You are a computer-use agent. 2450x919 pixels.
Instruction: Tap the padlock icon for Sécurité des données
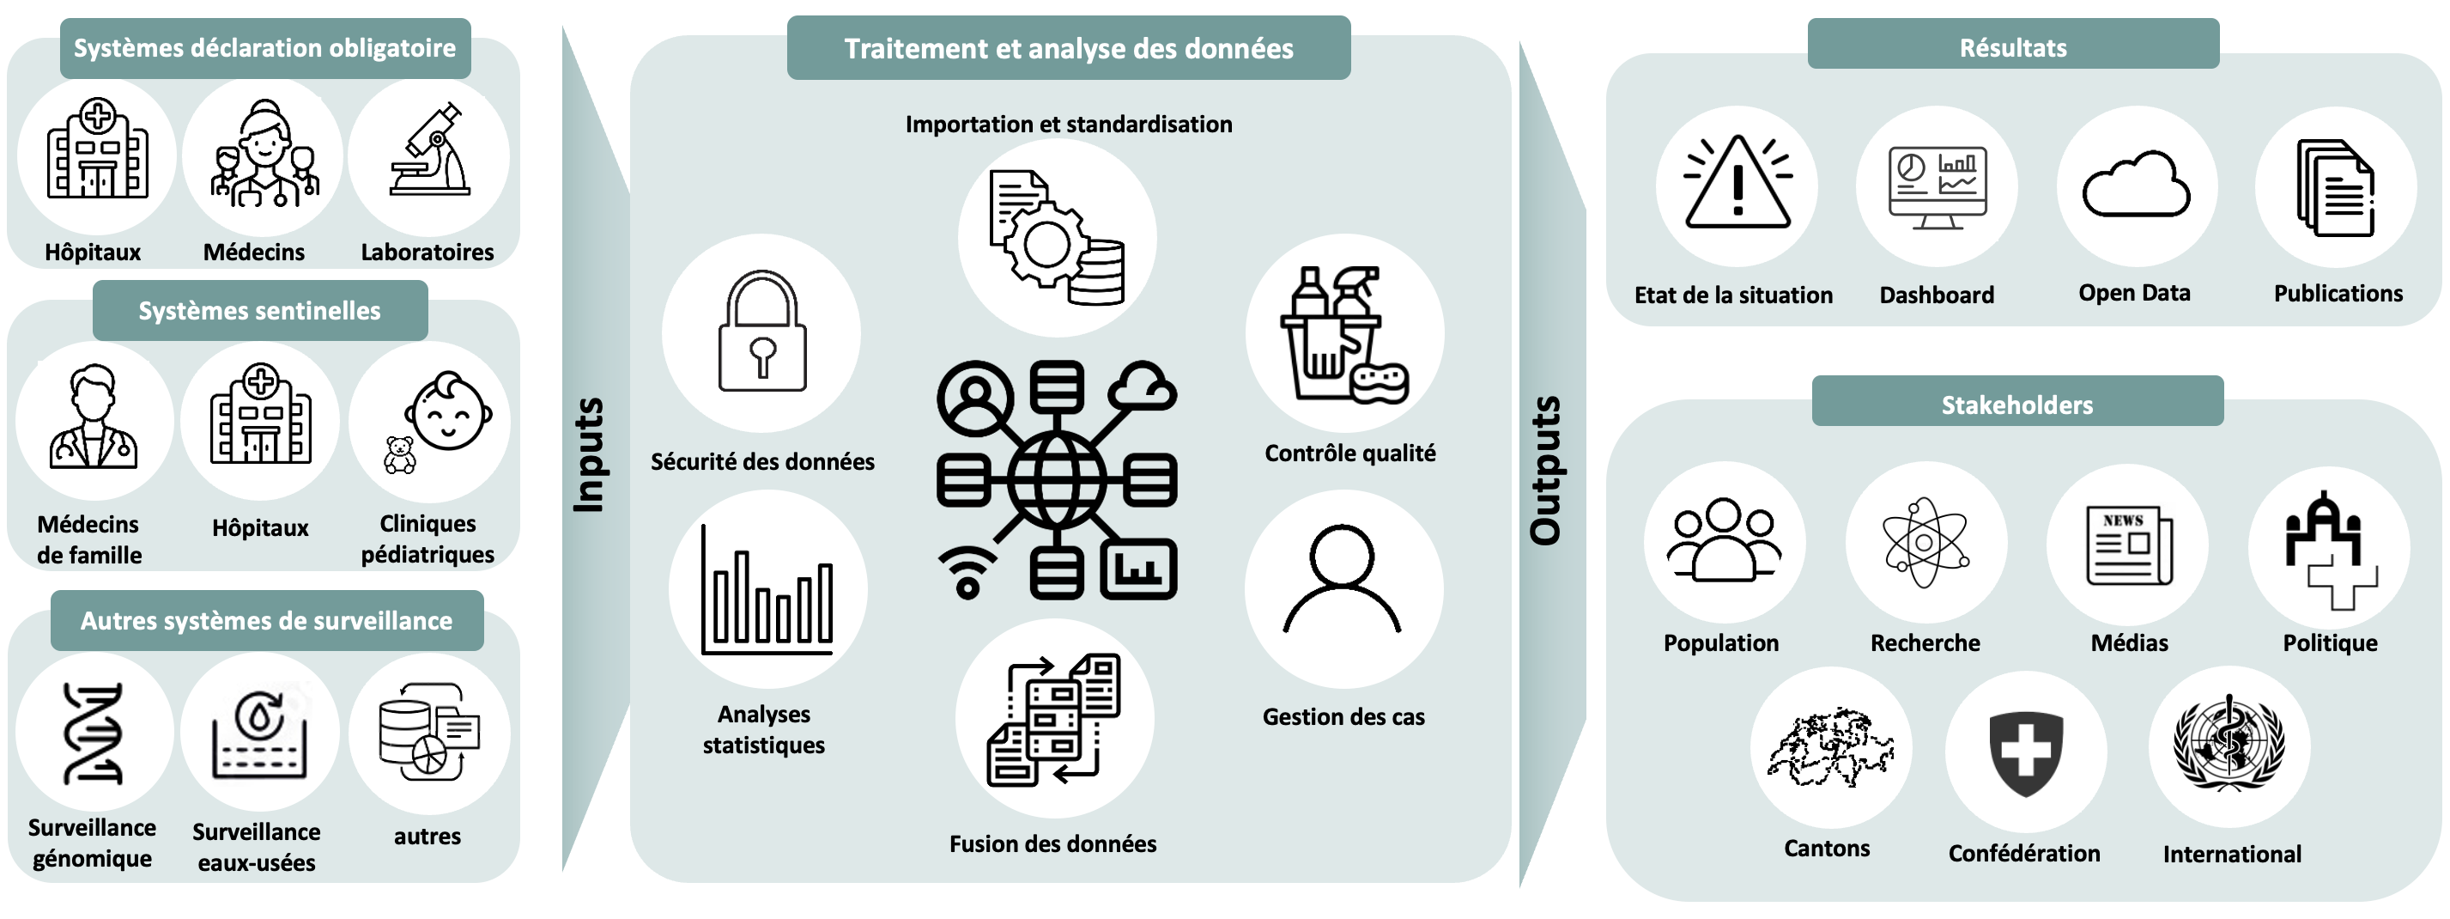[x=761, y=333]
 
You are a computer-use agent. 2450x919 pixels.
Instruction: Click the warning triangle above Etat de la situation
[x=1737, y=185]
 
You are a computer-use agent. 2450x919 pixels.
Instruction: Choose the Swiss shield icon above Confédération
[x=2026, y=752]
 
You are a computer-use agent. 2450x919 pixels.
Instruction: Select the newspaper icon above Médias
[x=2129, y=545]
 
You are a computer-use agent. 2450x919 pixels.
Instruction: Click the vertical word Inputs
[x=590, y=454]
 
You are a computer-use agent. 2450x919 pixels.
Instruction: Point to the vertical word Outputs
[x=1546, y=470]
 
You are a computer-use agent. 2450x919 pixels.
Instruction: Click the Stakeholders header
[x=2017, y=404]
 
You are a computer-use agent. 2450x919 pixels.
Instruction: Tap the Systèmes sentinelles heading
[x=259, y=310]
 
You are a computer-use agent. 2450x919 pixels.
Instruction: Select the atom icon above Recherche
[x=1925, y=542]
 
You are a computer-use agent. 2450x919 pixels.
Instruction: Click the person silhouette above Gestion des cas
[x=1342, y=581]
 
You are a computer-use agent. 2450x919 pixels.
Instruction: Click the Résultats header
[x=2012, y=46]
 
